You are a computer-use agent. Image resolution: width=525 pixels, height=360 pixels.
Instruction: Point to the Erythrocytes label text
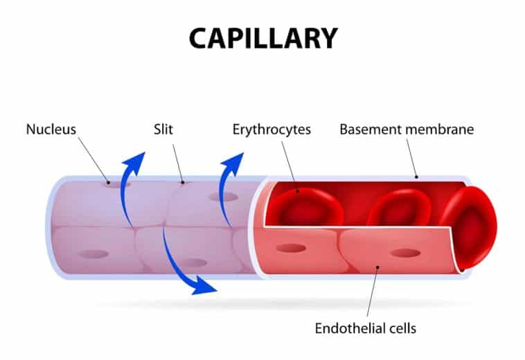click(272, 129)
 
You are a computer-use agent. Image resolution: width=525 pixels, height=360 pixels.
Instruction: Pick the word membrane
click(438, 129)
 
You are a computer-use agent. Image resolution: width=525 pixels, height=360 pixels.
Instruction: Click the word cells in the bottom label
click(402, 327)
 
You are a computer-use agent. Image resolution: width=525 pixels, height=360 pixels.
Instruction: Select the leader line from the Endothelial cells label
click(372, 291)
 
